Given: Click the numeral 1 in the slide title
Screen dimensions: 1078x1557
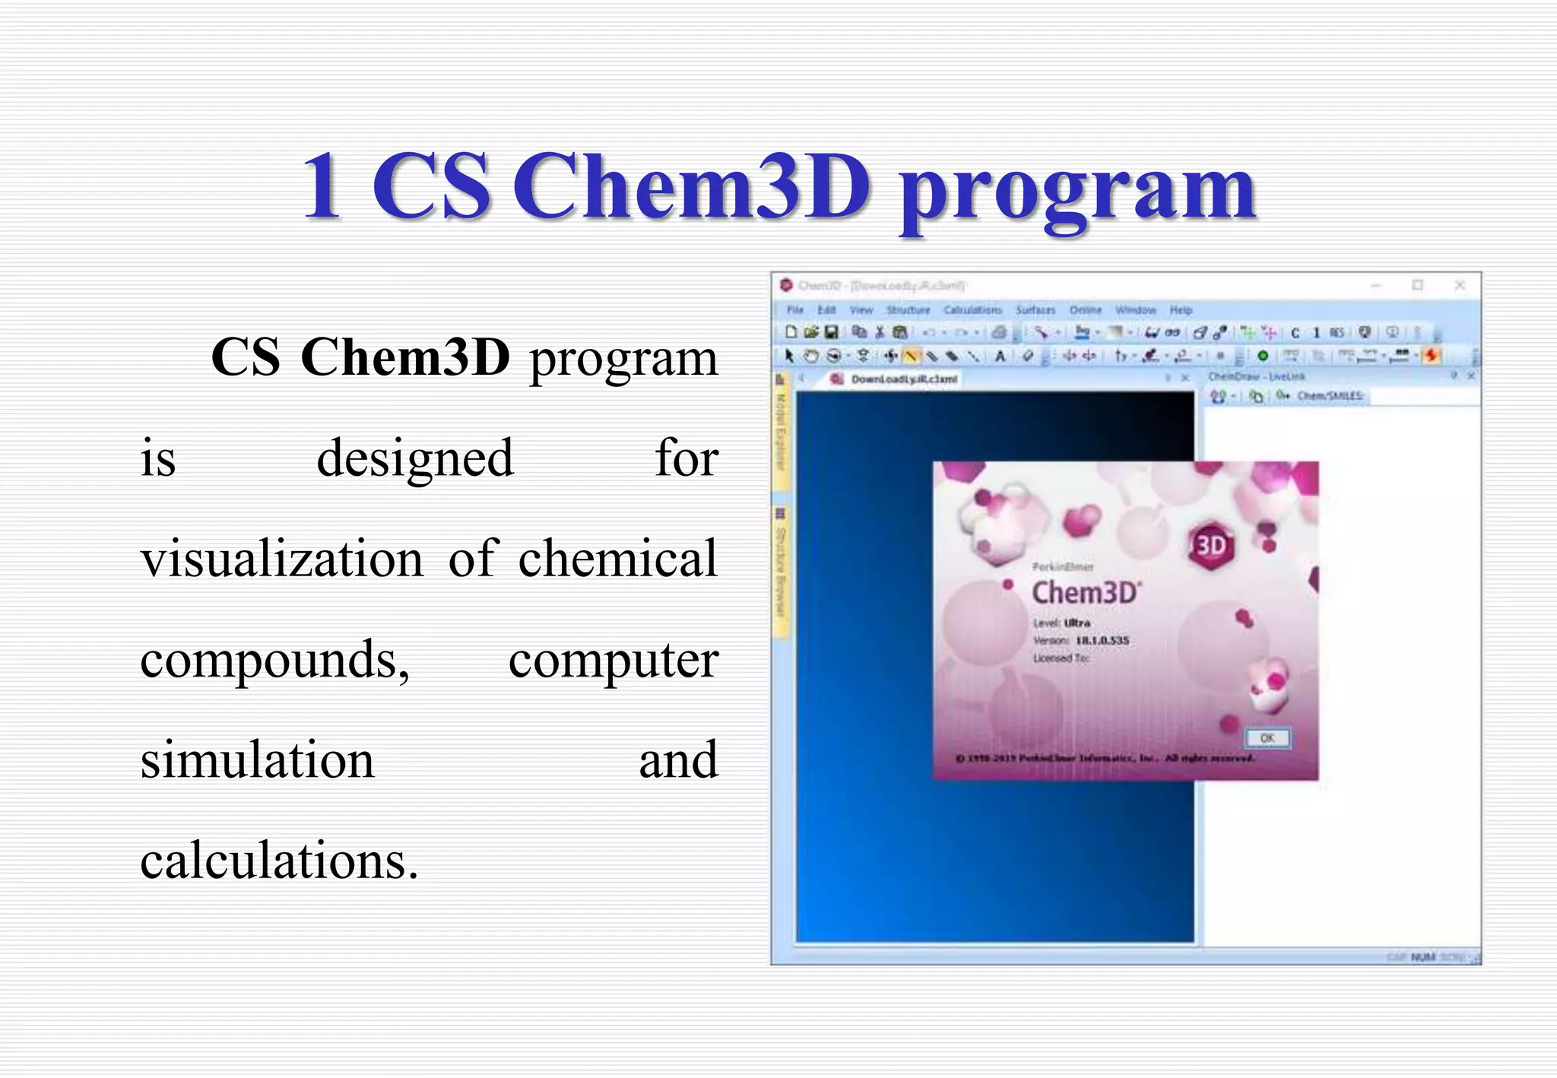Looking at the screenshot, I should [x=321, y=187].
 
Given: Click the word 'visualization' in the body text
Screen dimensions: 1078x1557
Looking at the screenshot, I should [x=282, y=559].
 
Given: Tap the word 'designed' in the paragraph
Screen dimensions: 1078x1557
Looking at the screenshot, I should [x=415, y=458].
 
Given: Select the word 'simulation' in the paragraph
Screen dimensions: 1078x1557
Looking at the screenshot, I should [x=257, y=759].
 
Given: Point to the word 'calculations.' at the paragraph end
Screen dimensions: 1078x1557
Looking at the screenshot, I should [x=279, y=861].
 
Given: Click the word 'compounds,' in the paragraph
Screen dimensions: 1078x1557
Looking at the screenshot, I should [x=274, y=659].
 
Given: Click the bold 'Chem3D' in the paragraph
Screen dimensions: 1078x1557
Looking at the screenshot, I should [x=405, y=357].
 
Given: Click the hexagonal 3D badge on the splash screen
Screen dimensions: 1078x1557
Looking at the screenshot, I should [x=1210, y=545].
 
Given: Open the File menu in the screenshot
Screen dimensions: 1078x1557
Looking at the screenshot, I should [x=795, y=310].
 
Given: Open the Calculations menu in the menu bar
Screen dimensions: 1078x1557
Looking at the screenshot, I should [x=972, y=310].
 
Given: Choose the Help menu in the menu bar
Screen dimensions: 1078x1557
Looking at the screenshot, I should [x=1181, y=310].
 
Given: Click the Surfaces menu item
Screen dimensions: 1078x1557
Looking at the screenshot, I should [x=1035, y=310].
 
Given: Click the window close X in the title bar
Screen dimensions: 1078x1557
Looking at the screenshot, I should [x=1460, y=285].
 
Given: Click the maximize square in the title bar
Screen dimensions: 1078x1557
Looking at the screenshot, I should [x=1418, y=285].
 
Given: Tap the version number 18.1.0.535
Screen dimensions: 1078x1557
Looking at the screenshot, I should [x=1102, y=641].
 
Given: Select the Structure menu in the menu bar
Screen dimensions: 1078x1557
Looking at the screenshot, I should [x=908, y=310].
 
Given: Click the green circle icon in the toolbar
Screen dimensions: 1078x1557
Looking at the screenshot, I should [x=1263, y=356].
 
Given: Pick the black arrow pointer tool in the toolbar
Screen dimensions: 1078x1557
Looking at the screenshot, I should [x=789, y=356].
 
